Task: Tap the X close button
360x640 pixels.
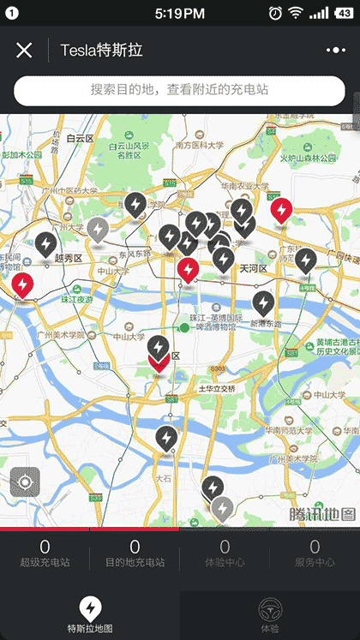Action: (24, 51)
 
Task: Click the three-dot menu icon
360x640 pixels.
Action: (334, 51)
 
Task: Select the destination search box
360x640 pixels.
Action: (179, 90)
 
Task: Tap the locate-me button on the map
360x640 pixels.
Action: (25, 481)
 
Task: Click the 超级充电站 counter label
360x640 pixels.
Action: (45, 563)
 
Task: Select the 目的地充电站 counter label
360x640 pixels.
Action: (135, 563)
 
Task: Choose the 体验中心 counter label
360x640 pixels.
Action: (225, 563)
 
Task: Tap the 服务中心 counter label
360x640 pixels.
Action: (315, 563)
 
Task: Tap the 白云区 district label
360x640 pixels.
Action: (78, 137)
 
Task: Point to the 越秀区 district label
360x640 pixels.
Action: (67, 257)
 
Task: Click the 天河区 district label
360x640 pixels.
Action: (253, 268)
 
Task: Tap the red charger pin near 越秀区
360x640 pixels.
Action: (22, 284)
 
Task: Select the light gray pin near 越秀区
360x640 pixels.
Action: (98, 230)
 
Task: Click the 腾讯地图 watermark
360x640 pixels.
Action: (321, 514)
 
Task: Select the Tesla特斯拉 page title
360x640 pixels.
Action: (101, 51)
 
